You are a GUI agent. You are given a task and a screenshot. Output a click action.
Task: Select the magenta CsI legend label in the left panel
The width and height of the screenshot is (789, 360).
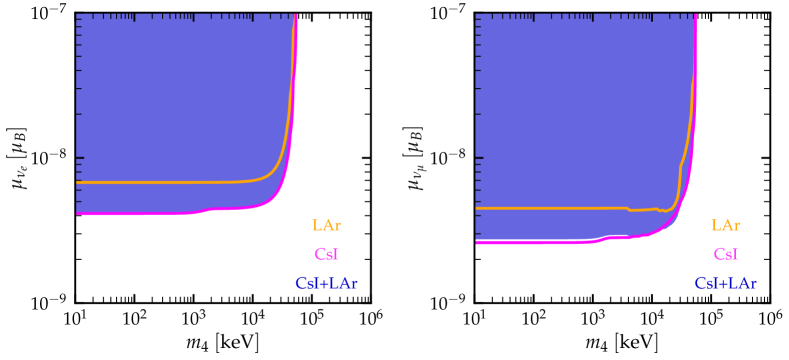[x=326, y=255]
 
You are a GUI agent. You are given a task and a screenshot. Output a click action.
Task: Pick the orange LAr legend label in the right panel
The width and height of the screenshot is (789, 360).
[x=726, y=226]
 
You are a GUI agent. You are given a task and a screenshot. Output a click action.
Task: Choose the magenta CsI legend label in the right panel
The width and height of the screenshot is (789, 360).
[x=726, y=255]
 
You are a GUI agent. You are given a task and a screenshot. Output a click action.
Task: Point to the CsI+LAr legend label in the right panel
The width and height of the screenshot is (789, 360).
[x=726, y=284]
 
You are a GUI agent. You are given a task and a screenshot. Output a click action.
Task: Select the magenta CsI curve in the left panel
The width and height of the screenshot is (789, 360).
[x=140, y=213]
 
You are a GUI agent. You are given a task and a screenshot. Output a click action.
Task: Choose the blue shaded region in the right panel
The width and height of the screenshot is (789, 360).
[x=580, y=100]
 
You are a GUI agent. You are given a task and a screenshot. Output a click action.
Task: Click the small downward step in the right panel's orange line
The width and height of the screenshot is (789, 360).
[x=628, y=209]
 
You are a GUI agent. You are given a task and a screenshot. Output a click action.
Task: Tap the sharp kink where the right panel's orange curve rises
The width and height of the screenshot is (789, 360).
[x=681, y=166]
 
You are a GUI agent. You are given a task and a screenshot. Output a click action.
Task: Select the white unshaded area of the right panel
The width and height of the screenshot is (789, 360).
[x=580, y=275]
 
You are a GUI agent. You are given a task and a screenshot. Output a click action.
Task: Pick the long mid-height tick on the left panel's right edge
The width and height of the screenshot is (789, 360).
[x=365, y=158]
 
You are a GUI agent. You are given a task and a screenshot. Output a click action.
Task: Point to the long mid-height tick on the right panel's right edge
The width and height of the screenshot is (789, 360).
[x=765, y=158]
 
